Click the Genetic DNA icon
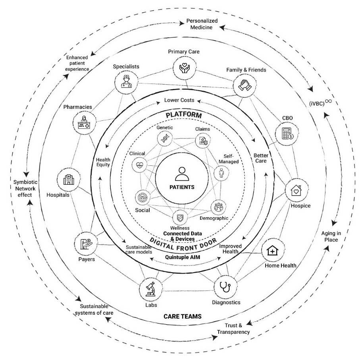pos(164,139)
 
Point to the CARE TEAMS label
pos(183,317)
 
